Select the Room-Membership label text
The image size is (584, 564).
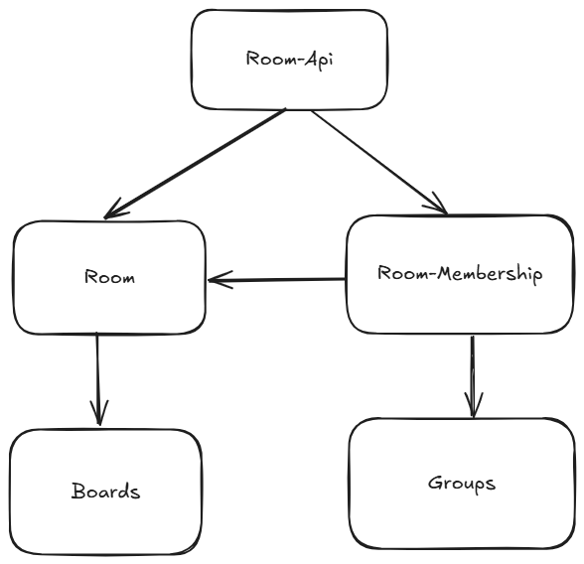tap(460, 273)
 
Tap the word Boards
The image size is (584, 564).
tap(105, 491)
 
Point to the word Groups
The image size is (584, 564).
tap(462, 484)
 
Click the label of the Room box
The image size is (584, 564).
tap(109, 277)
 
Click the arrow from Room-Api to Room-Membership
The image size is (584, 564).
tap(377, 161)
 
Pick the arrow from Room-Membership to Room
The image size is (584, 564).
tap(278, 280)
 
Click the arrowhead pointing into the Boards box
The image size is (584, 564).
tap(98, 416)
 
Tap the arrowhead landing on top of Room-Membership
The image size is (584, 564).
tap(436, 207)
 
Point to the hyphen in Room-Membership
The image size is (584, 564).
tap(424, 273)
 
